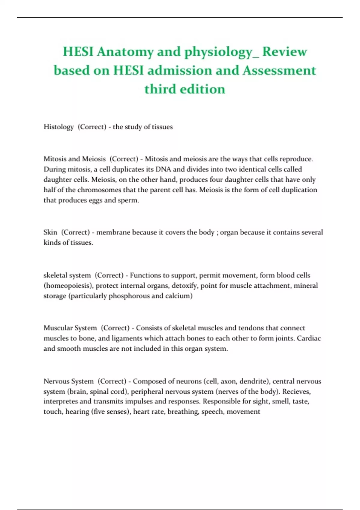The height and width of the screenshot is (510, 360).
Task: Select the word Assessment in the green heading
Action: (279, 70)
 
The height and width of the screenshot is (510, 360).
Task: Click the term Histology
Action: (58, 127)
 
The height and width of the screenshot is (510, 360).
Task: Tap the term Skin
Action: (50, 232)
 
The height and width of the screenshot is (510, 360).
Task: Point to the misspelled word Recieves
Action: (296, 392)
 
